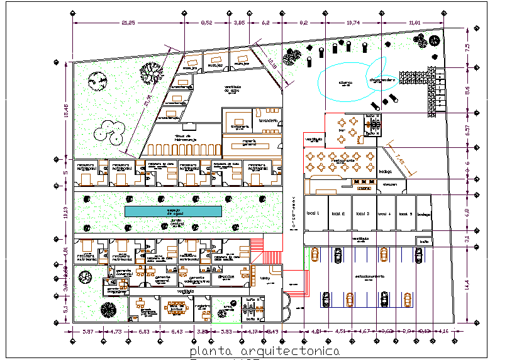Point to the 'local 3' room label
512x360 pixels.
pyautogui.click(x=362, y=213)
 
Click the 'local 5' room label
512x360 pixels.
pyautogui.click(x=406, y=213)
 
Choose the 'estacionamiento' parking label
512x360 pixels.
pyautogui.click(x=370, y=276)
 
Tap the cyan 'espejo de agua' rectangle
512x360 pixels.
pyautogui.click(x=174, y=211)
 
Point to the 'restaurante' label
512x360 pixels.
pyautogui.click(x=340, y=160)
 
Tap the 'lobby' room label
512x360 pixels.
pyautogui.click(x=265, y=278)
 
